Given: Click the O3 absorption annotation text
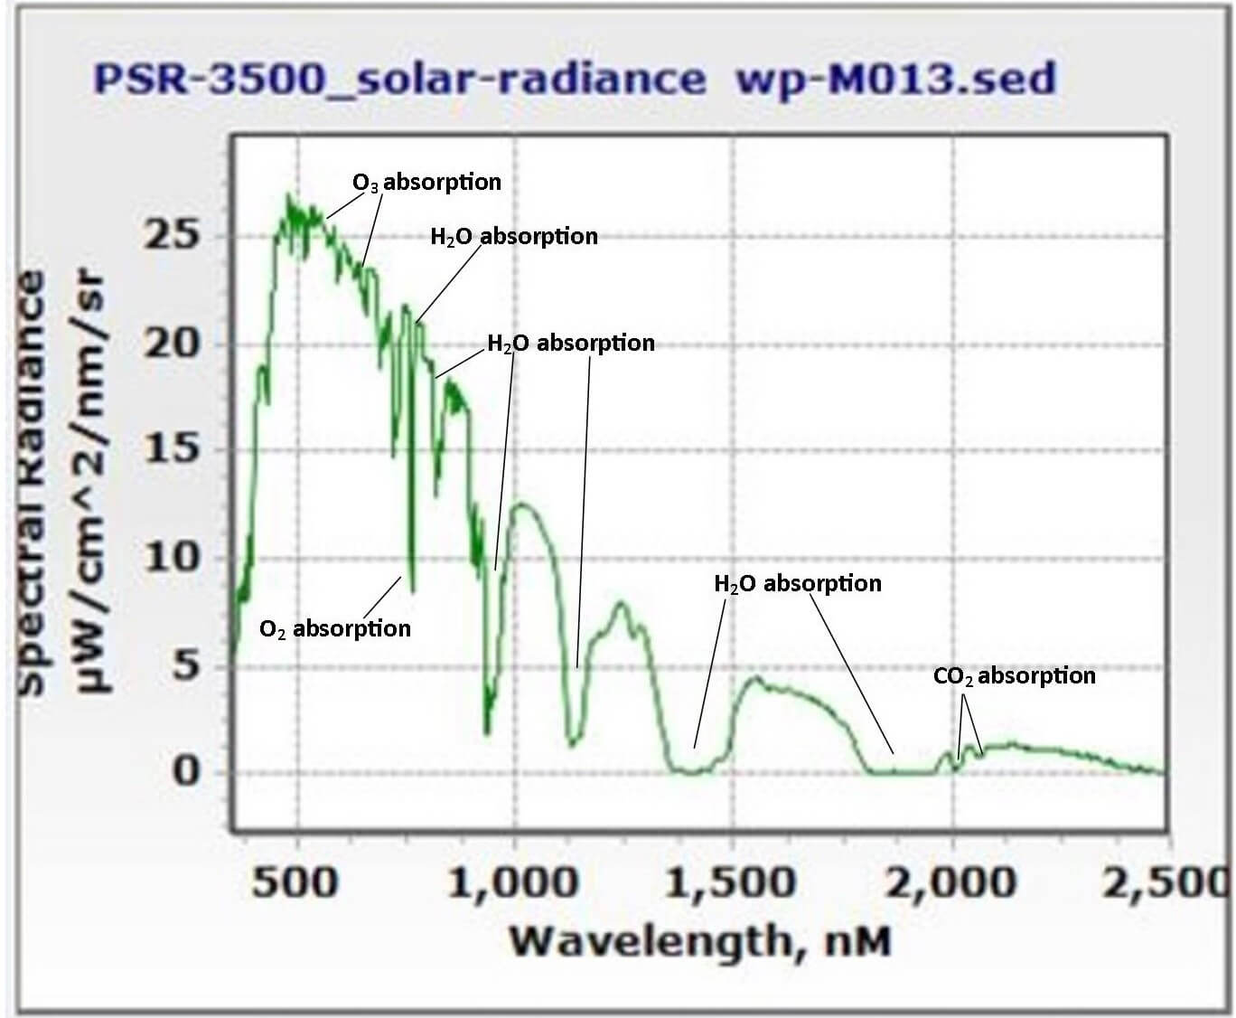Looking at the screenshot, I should click(x=426, y=182).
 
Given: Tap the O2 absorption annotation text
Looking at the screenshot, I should click(x=334, y=628).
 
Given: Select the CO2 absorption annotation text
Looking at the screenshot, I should click(x=1014, y=675).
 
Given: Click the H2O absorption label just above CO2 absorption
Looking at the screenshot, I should click(x=798, y=583).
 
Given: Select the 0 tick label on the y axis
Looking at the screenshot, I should click(x=185, y=772).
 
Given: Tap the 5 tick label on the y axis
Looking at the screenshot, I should click(x=185, y=667).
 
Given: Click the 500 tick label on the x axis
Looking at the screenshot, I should click(x=295, y=881).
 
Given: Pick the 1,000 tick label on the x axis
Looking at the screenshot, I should click(x=512, y=881).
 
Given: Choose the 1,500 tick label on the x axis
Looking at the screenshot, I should click(x=730, y=881).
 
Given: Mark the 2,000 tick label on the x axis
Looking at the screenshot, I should click(x=950, y=881).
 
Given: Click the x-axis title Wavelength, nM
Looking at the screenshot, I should click(x=700, y=941).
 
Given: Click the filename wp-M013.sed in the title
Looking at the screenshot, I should click(x=895, y=79).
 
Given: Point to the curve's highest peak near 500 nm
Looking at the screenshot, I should click(x=289, y=195).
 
